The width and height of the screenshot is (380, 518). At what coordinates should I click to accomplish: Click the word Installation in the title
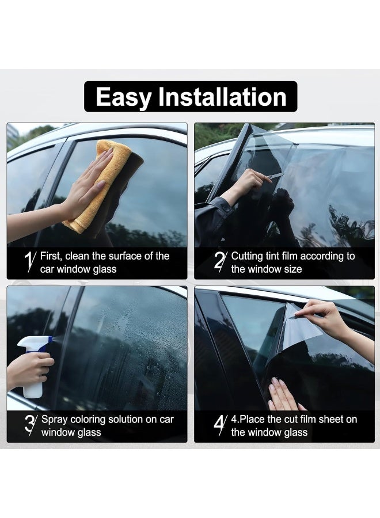point(222,97)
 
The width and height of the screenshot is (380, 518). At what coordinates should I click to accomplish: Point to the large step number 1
point(30,262)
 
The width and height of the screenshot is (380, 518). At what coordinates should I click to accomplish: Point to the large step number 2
point(220,262)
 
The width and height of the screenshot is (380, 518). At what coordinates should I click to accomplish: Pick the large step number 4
point(220,425)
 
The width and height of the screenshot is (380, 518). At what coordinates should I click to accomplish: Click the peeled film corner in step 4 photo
point(299,325)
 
